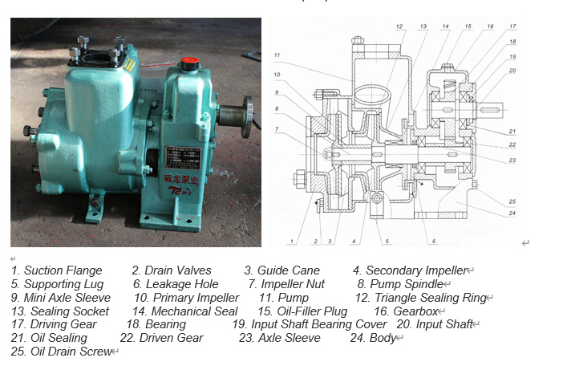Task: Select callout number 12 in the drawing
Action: [399, 26]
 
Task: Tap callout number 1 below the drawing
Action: [294, 240]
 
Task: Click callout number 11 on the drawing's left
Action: [277, 55]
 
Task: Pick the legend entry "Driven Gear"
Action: [172, 338]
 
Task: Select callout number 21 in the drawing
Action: [512, 132]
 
